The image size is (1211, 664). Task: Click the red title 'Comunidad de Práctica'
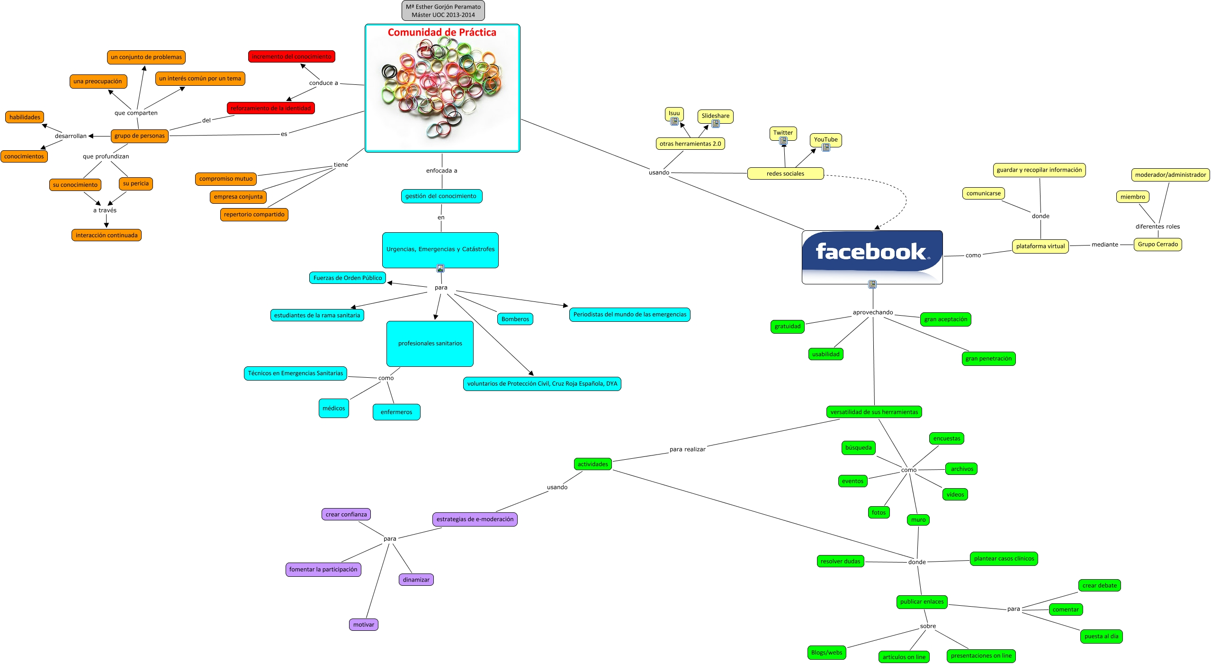(442, 32)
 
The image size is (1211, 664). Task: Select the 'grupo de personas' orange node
(139, 136)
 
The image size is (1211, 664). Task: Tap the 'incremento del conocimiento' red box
(291, 56)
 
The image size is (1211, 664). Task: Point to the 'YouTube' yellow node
(825, 139)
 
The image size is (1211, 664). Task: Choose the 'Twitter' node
(783, 133)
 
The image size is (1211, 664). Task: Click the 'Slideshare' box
(715, 116)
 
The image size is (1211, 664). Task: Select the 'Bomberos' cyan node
(515, 319)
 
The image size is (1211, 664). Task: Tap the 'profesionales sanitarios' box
(430, 344)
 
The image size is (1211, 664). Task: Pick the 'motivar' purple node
(363, 625)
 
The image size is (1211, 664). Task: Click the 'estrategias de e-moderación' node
(475, 519)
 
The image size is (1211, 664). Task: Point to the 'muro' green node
(918, 520)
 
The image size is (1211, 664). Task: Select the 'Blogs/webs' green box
(826, 653)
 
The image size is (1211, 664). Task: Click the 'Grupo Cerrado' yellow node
(1157, 244)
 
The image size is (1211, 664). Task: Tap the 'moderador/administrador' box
(1170, 175)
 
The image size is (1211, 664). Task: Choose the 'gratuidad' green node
(787, 326)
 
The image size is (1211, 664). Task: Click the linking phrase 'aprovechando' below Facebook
(872, 312)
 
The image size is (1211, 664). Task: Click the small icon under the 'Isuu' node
(674, 121)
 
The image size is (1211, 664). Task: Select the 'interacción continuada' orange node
(107, 235)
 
